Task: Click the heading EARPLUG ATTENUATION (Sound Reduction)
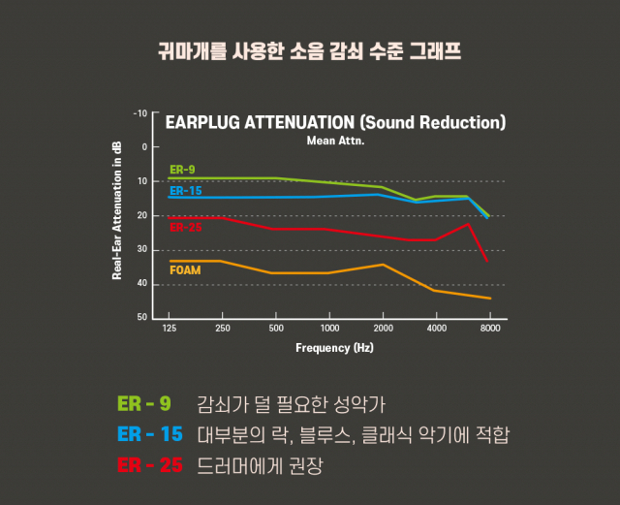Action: [336, 123]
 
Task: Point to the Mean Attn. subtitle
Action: [335, 141]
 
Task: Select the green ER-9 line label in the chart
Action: [182, 170]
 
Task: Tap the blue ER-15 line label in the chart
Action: [185, 191]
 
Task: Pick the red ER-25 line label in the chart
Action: [185, 228]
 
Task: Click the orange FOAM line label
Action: [185, 270]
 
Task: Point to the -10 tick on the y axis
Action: [141, 113]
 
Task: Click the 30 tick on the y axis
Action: [142, 250]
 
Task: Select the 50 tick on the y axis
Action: [142, 318]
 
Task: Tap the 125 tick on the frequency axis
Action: [170, 330]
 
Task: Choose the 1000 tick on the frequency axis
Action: [329, 330]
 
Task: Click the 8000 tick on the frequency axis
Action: [491, 330]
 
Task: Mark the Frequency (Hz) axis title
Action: [334, 347]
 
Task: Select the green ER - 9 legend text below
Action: [144, 403]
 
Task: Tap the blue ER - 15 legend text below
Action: [149, 434]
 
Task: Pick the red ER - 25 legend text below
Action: [149, 465]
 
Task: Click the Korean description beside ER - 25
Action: [259, 465]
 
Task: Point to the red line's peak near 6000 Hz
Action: [468, 225]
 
